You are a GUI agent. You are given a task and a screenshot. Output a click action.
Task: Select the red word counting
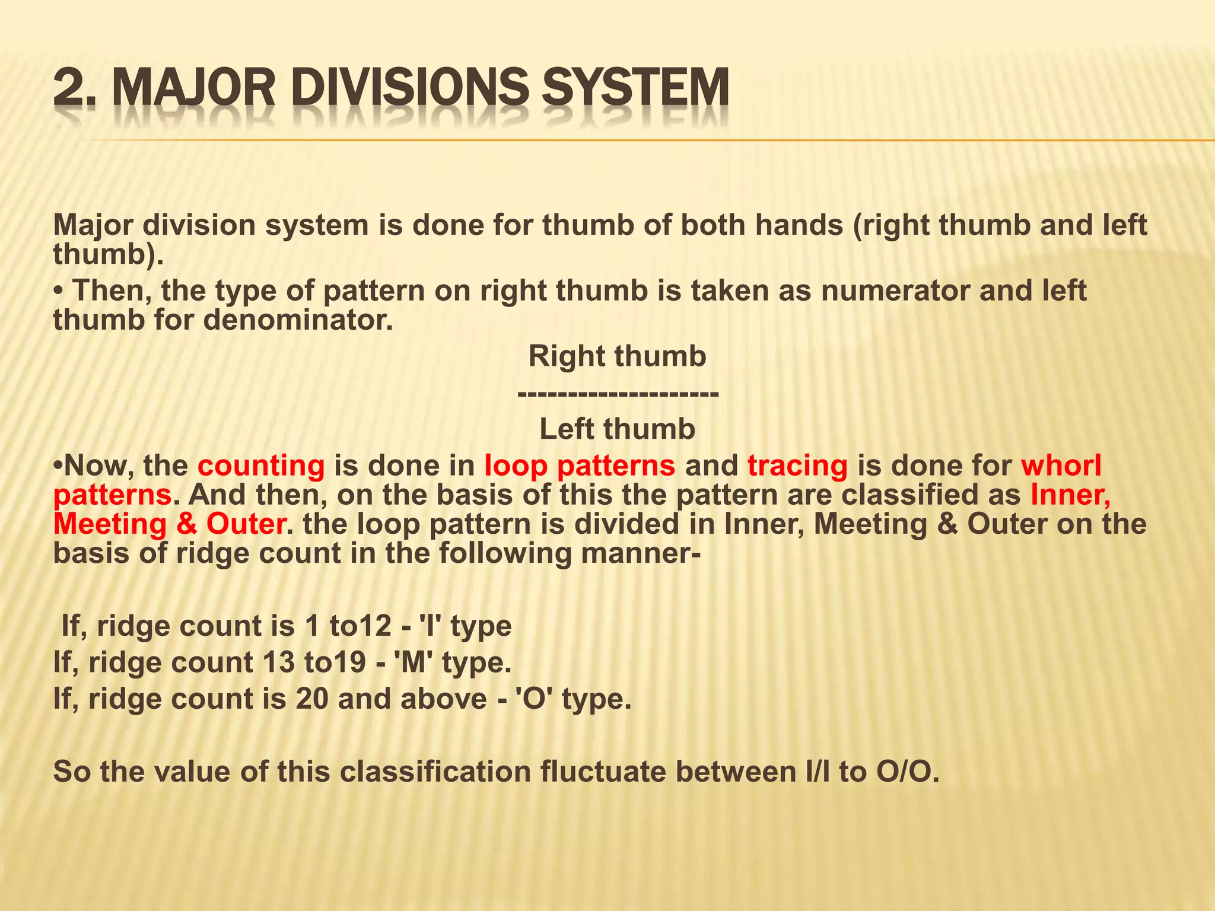[261, 466]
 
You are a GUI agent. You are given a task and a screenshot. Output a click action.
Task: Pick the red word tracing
[797, 466]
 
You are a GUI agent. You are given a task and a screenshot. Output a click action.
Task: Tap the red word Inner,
[1070, 495]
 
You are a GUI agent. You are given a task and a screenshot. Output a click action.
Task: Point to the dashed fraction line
[618, 393]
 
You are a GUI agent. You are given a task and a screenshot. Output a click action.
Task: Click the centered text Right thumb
[617, 356]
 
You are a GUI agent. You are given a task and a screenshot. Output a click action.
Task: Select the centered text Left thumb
[617, 429]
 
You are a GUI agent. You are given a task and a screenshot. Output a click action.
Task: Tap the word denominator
[298, 321]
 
